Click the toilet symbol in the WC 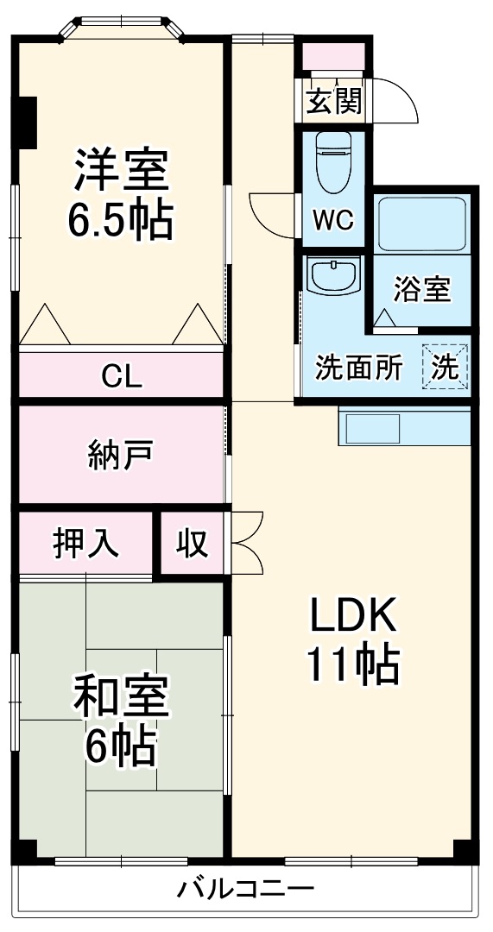[332, 161]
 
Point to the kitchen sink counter [404, 426]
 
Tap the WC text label [333, 221]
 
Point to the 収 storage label [193, 543]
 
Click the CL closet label [122, 375]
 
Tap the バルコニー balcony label [245, 890]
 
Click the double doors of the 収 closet [244, 542]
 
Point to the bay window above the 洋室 [122, 27]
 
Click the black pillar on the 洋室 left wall [26, 122]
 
